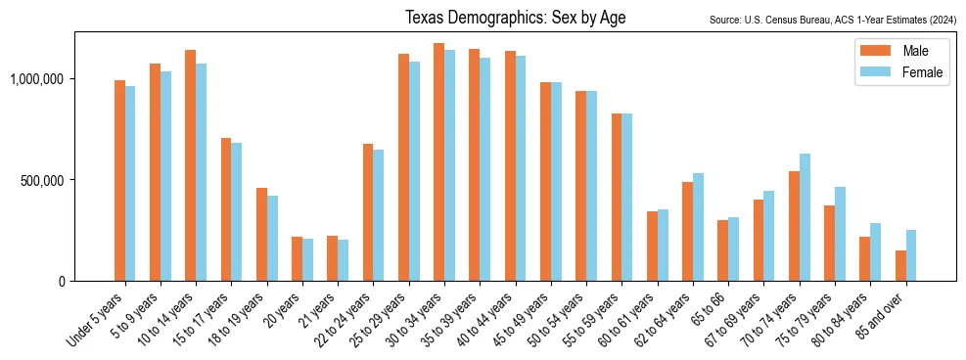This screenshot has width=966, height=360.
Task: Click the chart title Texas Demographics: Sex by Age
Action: [515, 18]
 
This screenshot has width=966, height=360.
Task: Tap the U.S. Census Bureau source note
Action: [831, 20]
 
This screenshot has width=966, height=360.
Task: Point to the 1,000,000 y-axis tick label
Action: [38, 78]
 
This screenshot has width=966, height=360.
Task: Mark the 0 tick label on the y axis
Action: [61, 281]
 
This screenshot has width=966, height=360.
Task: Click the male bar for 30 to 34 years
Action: [438, 161]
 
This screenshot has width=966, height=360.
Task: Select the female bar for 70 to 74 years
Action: [805, 217]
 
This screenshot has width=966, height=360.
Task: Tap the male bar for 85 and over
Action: [900, 265]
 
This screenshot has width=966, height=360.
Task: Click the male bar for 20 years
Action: [297, 258]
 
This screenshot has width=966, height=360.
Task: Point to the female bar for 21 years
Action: [343, 260]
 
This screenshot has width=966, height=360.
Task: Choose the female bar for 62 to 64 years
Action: [698, 227]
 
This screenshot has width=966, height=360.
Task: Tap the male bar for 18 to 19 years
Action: [261, 234]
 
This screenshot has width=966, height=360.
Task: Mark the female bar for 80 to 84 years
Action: [875, 251]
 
